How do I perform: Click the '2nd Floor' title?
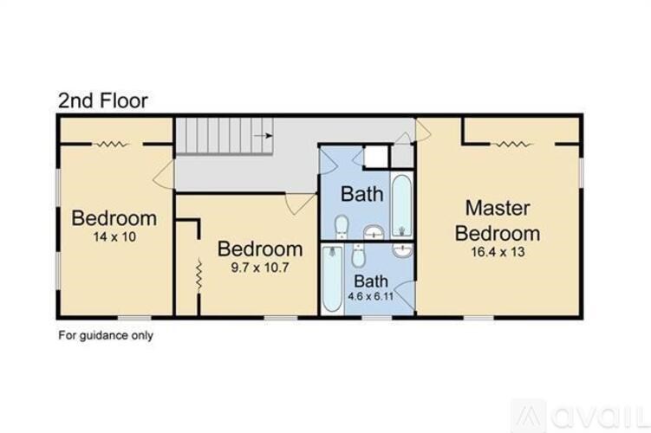(x=102, y=100)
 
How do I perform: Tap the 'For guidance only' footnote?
(x=105, y=334)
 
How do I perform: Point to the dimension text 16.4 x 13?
(x=498, y=252)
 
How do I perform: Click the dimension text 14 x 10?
(x=114, y=236)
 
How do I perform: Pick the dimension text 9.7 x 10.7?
(x=259, y=268)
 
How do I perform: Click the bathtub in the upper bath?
(x=401, y=206)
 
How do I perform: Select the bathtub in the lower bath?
(x=331, y=281)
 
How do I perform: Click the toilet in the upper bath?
(x=342, y=227)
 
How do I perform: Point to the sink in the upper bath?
(x=372, y=231)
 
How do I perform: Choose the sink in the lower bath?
(x=402, y=251)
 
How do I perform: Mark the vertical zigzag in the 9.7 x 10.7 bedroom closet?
(x=198, y=275)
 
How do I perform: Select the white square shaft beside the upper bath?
(x=376, y=156)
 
